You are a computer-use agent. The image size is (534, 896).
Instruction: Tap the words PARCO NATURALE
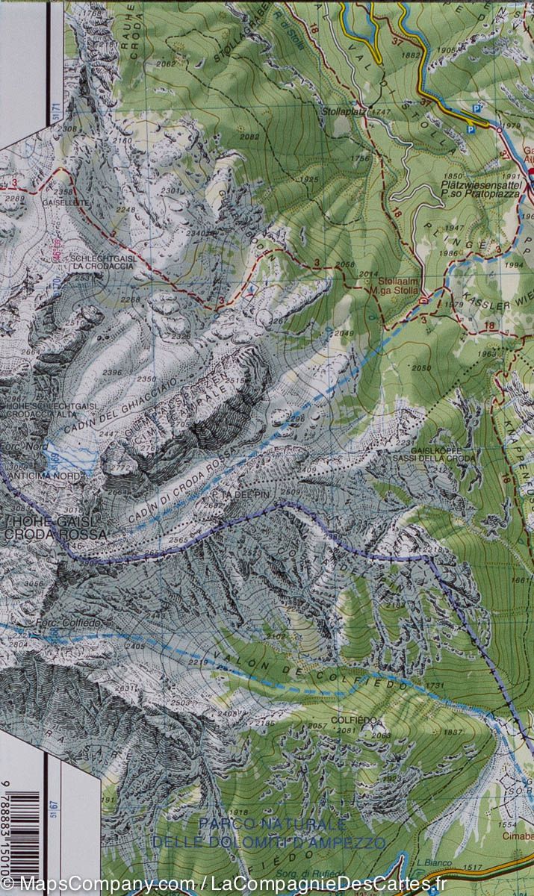point(272,824)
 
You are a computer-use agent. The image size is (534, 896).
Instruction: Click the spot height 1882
point(411,55)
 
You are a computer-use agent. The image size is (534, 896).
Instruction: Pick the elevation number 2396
point(112,372)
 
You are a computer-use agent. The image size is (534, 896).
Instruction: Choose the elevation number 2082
point(250,137)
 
